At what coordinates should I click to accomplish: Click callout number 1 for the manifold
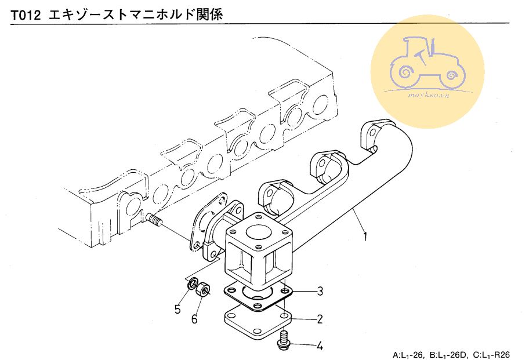coord(365,237)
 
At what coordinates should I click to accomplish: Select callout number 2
coord(320,318)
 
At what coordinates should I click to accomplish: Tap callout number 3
coord(320,291)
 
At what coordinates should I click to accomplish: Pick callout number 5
coord(178,308)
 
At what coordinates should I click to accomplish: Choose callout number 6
coord(195,318)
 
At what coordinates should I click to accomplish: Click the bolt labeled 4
coord(284,340)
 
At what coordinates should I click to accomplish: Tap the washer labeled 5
coord(190,285)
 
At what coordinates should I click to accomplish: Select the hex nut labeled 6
coord(203,289)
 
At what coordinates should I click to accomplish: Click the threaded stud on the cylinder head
coord(154,220)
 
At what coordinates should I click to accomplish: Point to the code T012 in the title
coord(25,13)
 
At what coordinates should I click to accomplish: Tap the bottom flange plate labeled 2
coord(256,325)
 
